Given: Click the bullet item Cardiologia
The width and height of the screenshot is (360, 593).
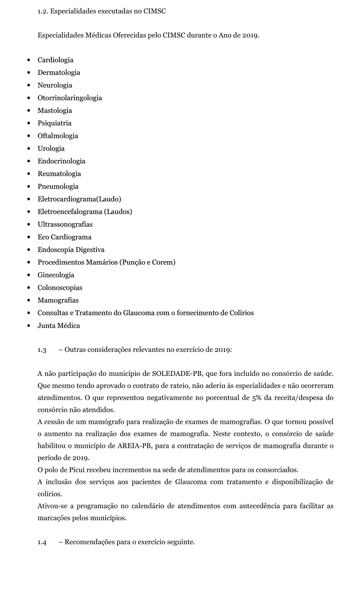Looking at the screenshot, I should point(56,60).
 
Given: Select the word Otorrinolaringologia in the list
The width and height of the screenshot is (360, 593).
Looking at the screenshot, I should point(70,98).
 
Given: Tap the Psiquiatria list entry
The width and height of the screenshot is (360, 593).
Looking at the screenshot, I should point(54,123).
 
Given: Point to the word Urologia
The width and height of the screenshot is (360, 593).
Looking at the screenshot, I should point(51,148).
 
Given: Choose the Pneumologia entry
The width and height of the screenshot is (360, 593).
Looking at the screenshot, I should point(58,186).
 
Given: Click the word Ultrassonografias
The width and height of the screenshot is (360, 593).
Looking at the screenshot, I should point(65,224).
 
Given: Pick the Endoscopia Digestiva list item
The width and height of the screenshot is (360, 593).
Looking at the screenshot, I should point(71,250).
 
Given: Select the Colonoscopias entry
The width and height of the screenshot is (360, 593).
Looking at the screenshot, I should point(60,288).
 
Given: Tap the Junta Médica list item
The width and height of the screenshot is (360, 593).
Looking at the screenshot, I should point(59,326).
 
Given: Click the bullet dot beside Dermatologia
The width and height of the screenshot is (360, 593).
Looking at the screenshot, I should point(29,73).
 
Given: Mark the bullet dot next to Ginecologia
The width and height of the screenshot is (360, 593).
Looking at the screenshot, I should point(29,275).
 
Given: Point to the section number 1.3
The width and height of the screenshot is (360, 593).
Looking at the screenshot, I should point(42,350).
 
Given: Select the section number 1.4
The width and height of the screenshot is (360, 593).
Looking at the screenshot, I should point(42,543).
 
